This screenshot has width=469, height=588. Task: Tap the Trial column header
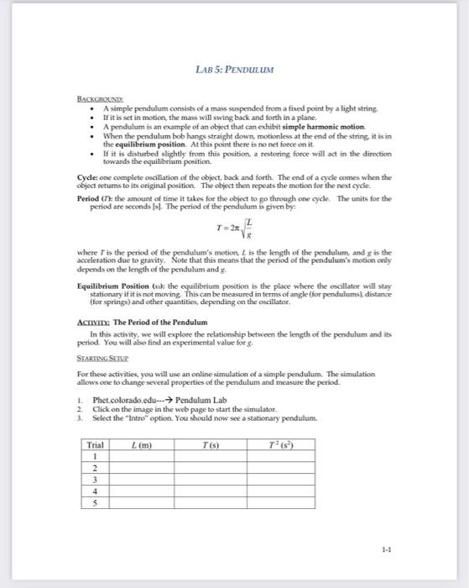[x=96, y=444]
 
